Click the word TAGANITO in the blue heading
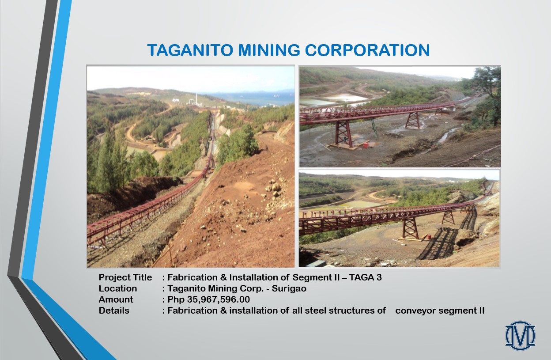[x=190, y=50]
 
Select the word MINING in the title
[x=269, y=50]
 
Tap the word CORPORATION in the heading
[x=367, y=50]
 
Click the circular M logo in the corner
[x=520, y=335]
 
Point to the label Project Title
[x=125, y=277]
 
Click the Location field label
[x=118, y=288]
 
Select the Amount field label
[x=116, y=299]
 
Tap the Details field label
[x=114, y=311]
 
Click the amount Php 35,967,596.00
[x=208, y=299]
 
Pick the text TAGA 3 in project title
[x=365, y=277]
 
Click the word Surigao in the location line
[x=289, y=288]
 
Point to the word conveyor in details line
[x=415, y=311]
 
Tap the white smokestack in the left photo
[x=196, y=99]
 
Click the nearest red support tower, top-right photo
[x=343, y=134]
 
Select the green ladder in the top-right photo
[x=375, y=129]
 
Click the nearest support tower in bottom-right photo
[x=410, y=228]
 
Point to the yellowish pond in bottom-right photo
[x=361, y=204]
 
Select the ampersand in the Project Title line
[x=223, y=277]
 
